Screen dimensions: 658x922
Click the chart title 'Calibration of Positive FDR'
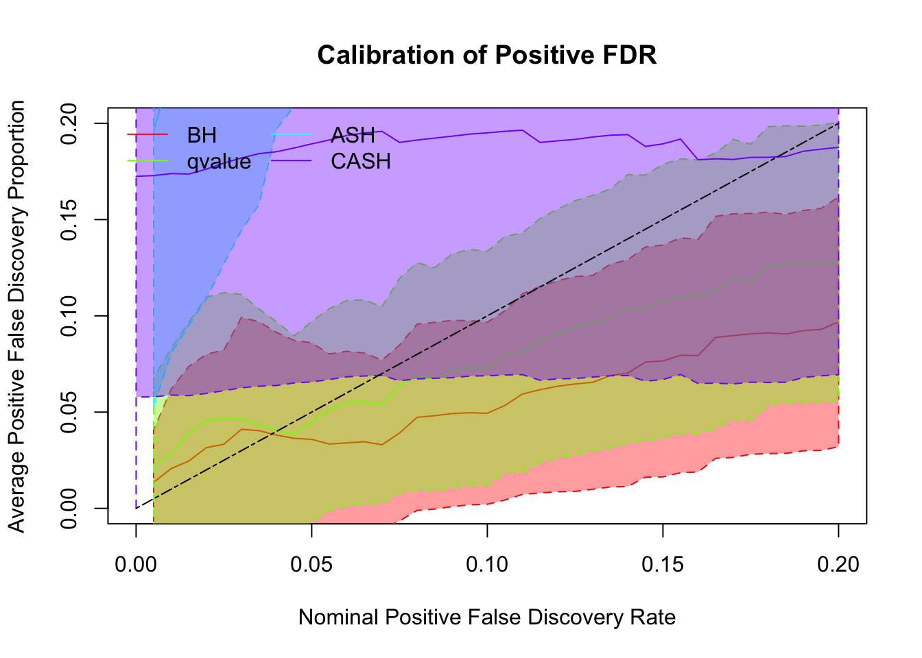point(487,55)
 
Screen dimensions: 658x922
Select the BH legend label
point(202,135)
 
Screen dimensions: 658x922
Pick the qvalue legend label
point(219,161)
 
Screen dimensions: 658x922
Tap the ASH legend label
point(353,135)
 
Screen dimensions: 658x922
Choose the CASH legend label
point(361,161)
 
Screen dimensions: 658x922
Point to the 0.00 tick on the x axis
point(136,564)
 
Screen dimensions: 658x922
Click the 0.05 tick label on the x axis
point(311,564)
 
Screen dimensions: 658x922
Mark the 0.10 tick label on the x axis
point(487,564)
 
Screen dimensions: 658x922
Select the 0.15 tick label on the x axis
point(663,564)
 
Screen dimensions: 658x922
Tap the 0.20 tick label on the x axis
point(838,564)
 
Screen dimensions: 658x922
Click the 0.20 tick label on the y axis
point(70,123)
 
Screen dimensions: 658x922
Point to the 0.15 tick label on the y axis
point(70,219)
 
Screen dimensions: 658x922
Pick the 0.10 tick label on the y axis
point(70,316)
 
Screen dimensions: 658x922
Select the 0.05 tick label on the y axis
point(70,412)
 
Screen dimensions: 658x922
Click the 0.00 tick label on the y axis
point(70,509)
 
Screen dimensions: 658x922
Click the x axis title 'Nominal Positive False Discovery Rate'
point(487,618)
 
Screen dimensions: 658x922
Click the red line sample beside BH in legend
point(147,135)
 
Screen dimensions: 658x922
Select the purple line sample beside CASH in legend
point(292,161)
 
